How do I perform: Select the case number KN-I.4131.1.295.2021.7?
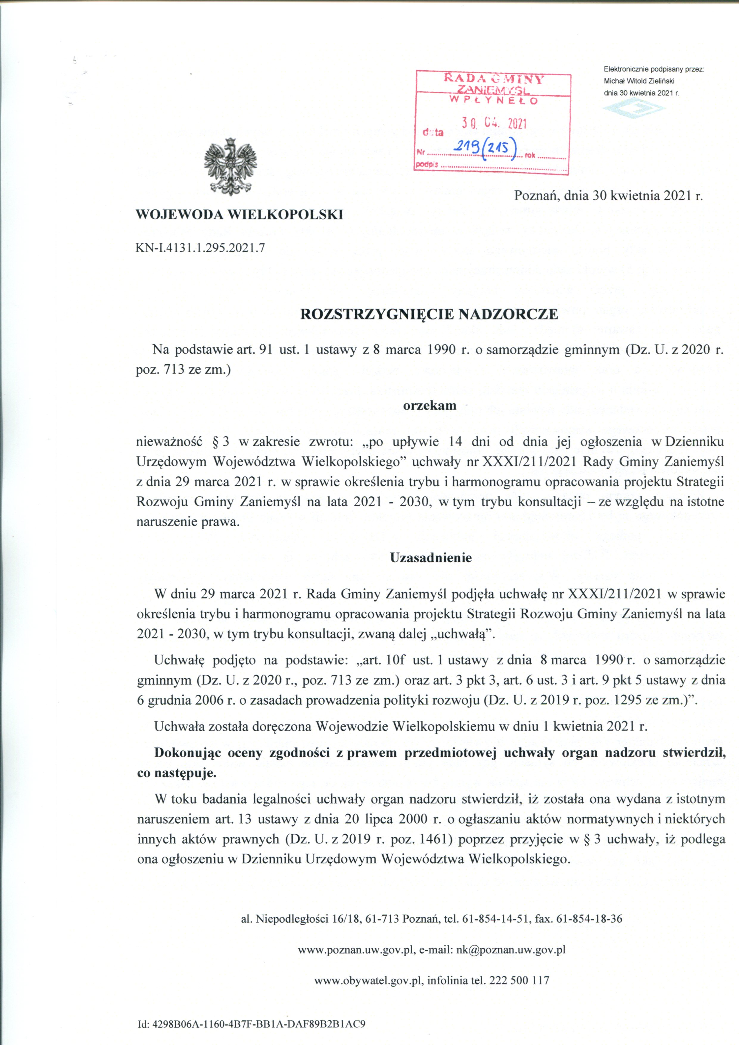point(200,248)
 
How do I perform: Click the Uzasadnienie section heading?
point(431,558)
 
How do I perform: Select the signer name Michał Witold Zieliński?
point(638,81)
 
